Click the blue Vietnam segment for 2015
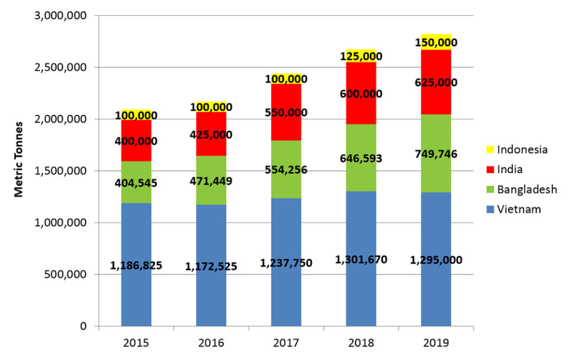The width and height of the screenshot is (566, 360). pyautogui.click(x=136, y=236)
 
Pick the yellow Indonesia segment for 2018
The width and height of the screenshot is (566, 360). pyautogui.click(x=361, y=52)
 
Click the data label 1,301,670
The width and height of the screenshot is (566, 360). pyautogui.click(x=361, y=259)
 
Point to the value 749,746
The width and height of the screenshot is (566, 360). pyautogui.click(x=436, y=154)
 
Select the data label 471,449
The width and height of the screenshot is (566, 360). pyautogui.click(x=211, y=180)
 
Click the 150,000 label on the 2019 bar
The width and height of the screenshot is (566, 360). pyautogui.click(x=436, y=42)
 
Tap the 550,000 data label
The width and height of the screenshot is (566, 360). pyautogui.click(x=286, y=112)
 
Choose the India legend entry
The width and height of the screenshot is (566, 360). pyautogui.click(x=510, y=170)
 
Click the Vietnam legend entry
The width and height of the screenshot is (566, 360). pyautogui.click(x=519, y=209)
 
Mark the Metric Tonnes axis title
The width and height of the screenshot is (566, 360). pyautogui.click(x=19, y=159)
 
